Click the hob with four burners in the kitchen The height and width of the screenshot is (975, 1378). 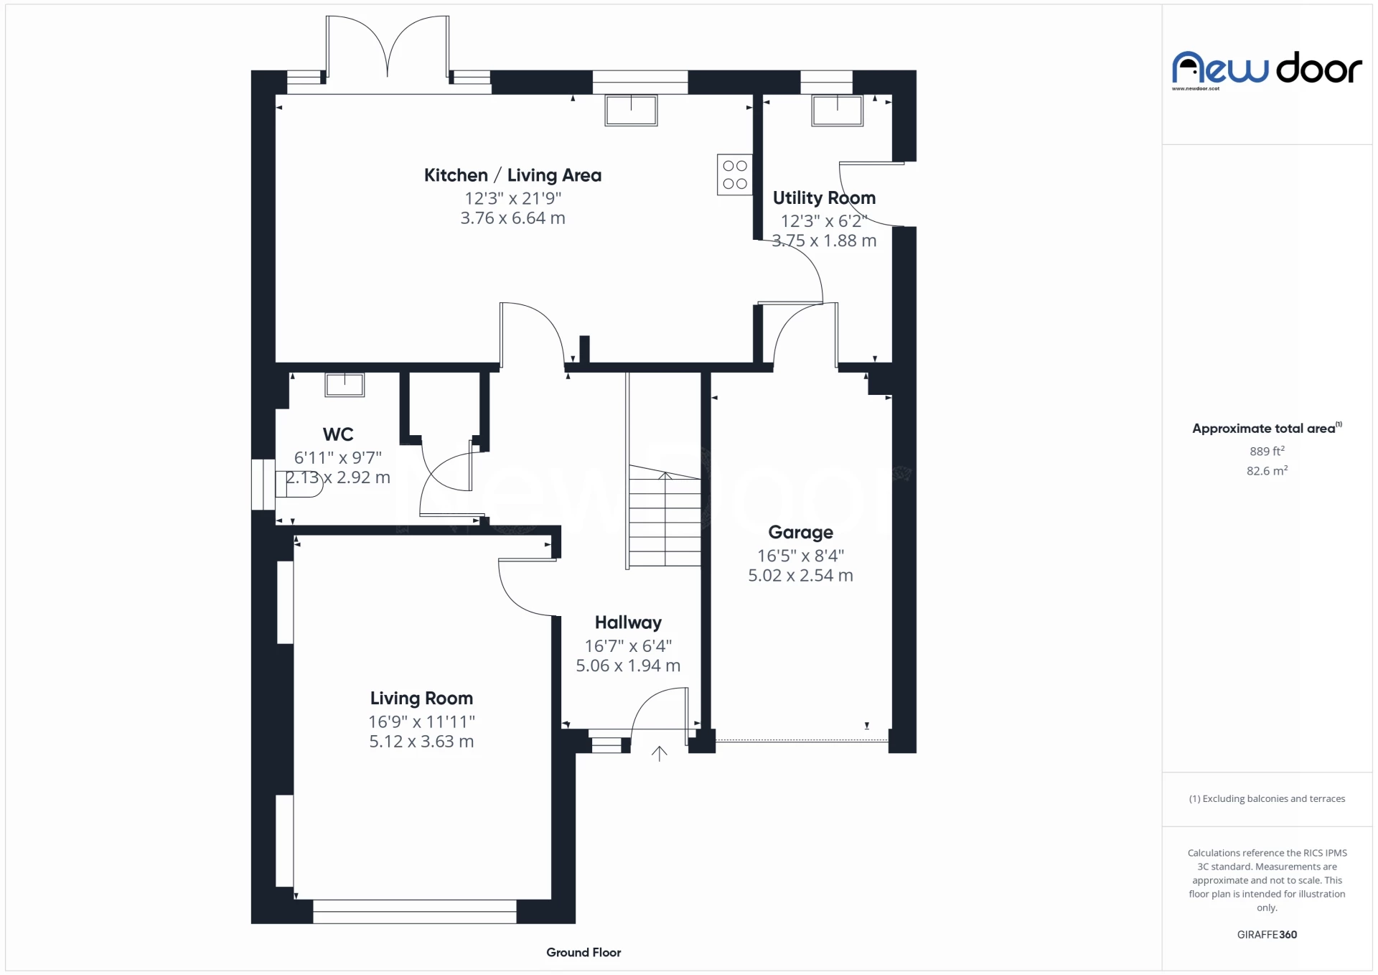734,174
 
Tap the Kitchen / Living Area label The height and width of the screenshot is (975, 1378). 512,175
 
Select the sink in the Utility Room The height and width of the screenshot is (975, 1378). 837,111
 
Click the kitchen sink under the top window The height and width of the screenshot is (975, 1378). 631,111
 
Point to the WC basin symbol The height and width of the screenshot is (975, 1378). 344,385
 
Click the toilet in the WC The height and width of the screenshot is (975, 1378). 298,485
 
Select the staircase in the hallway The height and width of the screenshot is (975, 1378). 665,517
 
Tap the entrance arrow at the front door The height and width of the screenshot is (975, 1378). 659,754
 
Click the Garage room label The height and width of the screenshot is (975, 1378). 800,532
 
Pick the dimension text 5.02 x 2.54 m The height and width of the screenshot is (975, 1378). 800,576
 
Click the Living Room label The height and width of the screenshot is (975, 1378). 421,698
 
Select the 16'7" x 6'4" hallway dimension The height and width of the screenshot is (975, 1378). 628,645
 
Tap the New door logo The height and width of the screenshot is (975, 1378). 1267,69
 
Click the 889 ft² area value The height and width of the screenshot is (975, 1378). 1267,451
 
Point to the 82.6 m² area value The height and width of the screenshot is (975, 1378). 1267,471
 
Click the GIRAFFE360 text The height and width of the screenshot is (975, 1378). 1267,934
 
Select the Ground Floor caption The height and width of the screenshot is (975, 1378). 583,952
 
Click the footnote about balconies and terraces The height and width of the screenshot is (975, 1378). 1267,798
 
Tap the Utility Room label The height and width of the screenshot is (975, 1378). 824,197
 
